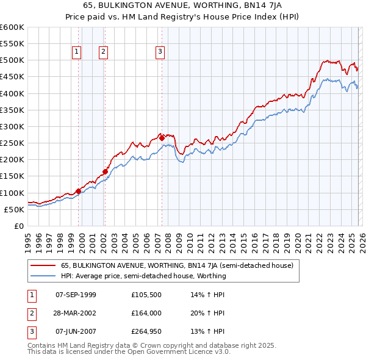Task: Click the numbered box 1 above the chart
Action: [77, 52]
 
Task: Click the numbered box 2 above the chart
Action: [103, 52]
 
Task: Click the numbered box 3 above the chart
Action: [160, 52]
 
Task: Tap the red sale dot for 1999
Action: [78, 191]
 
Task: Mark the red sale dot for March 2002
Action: [106, 171]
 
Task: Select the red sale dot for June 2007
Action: [162, 139]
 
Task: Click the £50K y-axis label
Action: [13, 209]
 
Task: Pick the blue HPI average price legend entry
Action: [143, 276]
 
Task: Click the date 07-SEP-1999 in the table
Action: [76, 295]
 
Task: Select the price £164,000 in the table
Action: [146, 313]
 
